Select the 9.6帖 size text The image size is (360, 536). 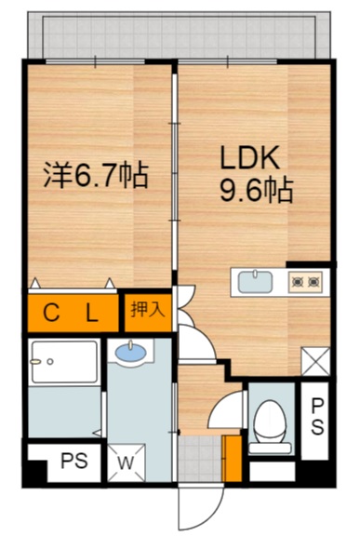click(x=255, y=192)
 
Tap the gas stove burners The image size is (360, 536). click(x=304, y=279)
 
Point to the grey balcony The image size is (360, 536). click(x=177, y=35)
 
